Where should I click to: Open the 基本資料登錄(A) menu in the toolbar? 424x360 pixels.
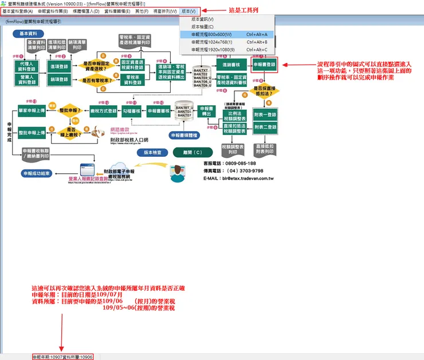click(18, 11)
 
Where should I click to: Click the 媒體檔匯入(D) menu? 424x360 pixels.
click(85, 11)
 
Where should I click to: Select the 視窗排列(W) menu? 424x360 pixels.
click(164, 11)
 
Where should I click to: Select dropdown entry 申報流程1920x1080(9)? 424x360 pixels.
click(215, 50)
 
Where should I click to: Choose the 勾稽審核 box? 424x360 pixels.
click(131, 110)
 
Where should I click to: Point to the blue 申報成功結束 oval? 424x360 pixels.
click(37, 173)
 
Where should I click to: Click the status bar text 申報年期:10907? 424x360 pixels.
click(45, 357)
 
